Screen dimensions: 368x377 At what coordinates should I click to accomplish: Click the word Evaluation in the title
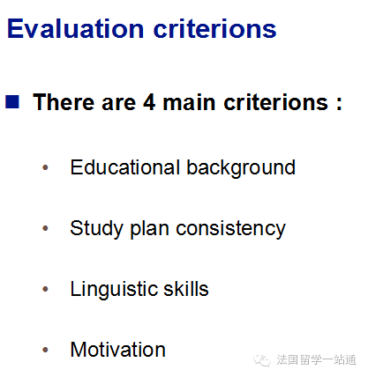[x=76, y=29]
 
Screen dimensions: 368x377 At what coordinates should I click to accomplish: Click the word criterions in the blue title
[x=215, y=29]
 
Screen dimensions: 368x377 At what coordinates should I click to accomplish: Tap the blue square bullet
[x=12, y=102]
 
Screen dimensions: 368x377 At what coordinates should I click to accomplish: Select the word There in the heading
[x=64, y=102]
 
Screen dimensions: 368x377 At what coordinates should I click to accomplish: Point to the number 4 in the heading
[x=149, y=102]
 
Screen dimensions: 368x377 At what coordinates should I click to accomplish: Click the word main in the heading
[x=189, y=102]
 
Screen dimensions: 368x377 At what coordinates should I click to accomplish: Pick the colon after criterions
[x=339, y=104]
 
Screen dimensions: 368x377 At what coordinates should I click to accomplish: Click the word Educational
[x=125, y=167]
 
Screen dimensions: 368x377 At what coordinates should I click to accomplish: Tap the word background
[x=241, y=168]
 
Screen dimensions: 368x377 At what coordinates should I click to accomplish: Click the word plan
[x=149, y=230]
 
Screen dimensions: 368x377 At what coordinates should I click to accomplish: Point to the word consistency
[x=230, y=230]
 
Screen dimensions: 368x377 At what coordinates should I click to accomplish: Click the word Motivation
[x=118, y=350]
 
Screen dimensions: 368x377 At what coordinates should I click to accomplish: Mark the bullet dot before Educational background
[x=45, y=167]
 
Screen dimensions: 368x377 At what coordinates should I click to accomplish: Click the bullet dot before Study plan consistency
[x=45, y=228]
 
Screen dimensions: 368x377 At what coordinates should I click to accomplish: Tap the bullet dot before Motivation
[x=45, y=350]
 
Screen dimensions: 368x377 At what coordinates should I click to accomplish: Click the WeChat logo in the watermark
[x=262, y=360]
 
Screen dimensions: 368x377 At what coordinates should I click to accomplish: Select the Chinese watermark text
[x=316, y=360]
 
